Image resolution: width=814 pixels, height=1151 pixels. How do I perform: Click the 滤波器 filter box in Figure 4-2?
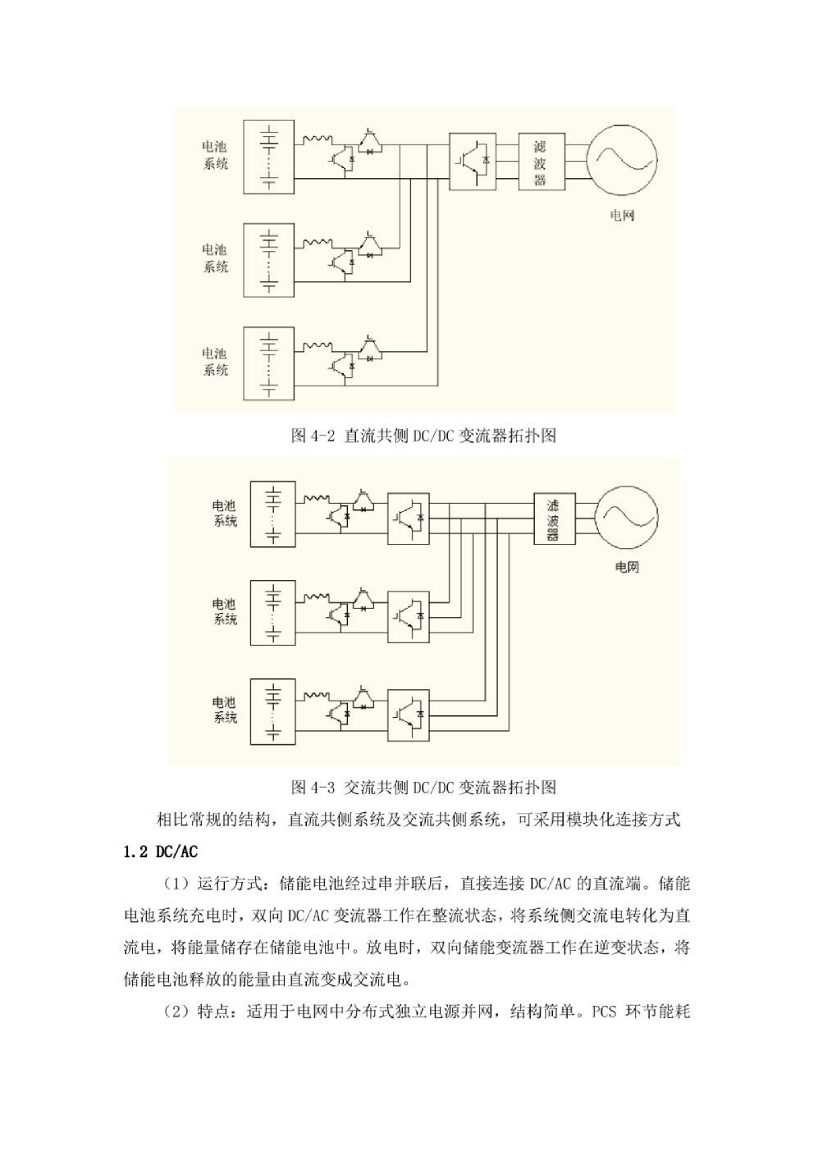(542, 162)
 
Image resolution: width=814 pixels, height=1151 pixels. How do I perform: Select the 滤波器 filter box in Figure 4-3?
(555, 518)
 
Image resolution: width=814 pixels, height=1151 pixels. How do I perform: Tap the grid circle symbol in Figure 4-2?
(622, 159)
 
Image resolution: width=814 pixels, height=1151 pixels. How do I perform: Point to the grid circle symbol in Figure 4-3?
(626, 518)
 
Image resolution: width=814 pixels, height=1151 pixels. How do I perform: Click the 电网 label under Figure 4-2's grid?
(622, 215)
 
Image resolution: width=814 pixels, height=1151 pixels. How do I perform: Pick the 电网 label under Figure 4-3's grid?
(627, 567)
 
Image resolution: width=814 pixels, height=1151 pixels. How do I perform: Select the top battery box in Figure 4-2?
(269, 157)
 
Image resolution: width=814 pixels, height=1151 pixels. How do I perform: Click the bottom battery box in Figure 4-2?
(269, 363)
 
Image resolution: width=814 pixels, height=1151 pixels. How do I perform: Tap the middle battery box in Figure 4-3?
(273, 613)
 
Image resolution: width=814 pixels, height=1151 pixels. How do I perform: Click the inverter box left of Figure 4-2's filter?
(473, 162)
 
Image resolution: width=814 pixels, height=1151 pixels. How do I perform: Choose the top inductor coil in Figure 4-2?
(317, 139)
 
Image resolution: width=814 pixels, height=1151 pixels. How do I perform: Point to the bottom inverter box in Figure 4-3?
(408, 715)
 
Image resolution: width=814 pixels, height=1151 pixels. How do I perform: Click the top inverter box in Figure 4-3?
(408, 518)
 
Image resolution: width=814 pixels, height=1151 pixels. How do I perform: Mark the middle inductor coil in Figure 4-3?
(317, 597)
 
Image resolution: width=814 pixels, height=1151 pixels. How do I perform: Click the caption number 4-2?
(322, 436)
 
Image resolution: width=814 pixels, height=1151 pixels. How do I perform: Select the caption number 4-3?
(322, 787)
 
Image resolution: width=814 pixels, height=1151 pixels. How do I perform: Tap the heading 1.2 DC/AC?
(160, 852)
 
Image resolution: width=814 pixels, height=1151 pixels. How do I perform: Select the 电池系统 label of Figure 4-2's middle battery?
(215, 258)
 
